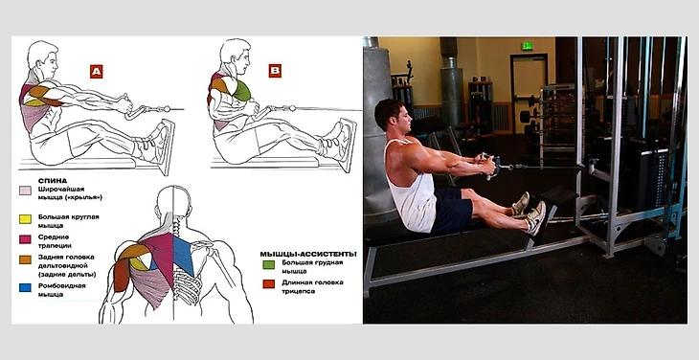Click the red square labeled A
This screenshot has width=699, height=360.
click(97, 71)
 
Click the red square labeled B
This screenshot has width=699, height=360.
click(275, 71)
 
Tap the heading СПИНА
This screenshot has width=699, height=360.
click(53, 181)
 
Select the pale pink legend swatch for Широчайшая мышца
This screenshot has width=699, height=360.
click(25, 191)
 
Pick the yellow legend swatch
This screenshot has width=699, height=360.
click(25, 218)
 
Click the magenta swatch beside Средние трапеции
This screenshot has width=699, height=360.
click(25, 239)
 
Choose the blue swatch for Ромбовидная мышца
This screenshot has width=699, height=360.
click(25, 288)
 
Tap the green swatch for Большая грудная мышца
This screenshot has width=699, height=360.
click(268, 264)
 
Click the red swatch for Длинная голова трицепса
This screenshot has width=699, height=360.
click(268, 284)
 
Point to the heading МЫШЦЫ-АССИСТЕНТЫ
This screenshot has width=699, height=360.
click(308, 254)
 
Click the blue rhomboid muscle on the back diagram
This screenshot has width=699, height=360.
click(183, 255)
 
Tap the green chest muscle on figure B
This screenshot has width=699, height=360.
click(241, 91)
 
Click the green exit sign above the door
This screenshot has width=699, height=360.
click(528, 45)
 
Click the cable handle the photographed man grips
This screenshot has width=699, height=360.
click(491, 166)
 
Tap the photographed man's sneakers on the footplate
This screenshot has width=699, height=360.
click(530, 213)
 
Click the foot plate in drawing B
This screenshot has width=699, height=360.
click(348, 145)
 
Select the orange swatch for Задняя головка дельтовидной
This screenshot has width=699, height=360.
click(25, 259)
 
